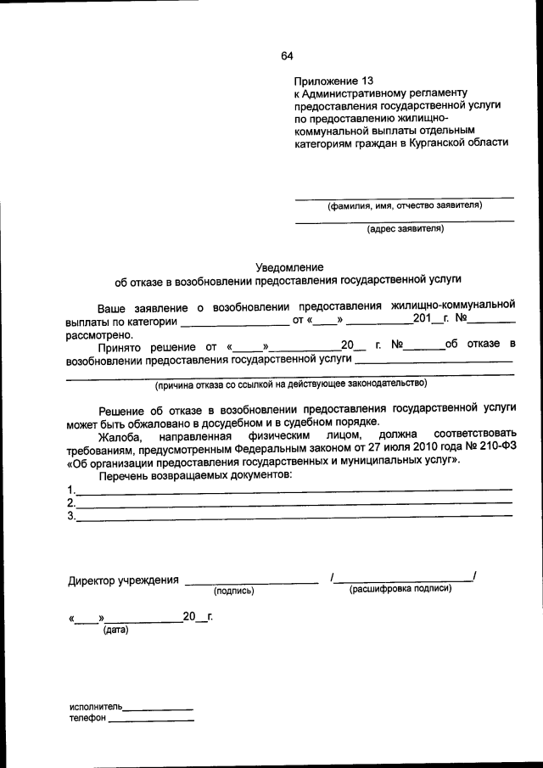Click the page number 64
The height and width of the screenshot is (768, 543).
287,56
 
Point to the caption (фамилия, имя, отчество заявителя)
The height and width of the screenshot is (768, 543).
405,205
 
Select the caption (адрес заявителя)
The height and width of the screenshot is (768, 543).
405,228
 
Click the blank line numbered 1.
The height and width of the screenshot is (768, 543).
293,490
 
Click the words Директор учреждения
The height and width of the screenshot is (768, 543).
123,581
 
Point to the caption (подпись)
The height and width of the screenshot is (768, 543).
234,591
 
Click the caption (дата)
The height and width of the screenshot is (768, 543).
115,631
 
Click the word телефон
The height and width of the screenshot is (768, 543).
87,719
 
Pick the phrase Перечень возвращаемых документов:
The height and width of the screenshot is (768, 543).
194,474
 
